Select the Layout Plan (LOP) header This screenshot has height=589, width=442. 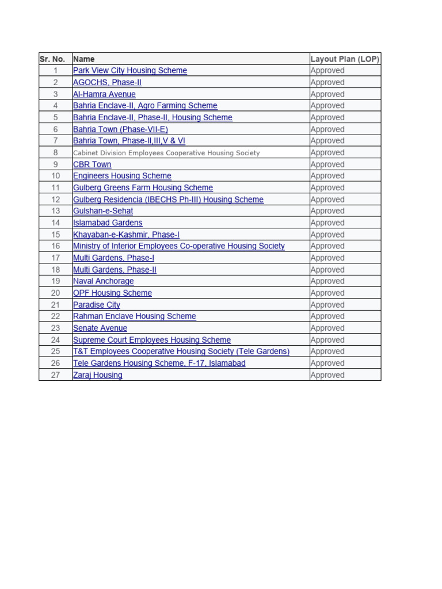345,59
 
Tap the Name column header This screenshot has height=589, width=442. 84,59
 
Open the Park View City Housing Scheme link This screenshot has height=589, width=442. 130,71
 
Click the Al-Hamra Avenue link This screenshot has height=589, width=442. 104,94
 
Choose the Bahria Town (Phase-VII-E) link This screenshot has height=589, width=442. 120,129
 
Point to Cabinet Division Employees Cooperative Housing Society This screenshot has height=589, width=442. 166,153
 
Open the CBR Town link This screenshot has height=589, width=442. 92,165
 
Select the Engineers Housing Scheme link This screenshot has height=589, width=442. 122,176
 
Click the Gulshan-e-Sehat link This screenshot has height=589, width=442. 103,211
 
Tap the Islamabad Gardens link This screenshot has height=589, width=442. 108,223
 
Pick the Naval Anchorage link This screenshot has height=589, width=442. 104,281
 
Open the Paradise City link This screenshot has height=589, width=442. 97,305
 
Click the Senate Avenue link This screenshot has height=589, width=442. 100,328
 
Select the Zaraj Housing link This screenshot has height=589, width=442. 98,375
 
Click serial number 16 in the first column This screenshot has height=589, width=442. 55,246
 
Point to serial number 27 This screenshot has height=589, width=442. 55,375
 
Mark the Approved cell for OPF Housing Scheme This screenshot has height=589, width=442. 327,293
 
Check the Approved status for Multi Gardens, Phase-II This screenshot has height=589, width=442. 327,270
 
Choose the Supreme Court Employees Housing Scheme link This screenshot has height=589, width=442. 152,340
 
